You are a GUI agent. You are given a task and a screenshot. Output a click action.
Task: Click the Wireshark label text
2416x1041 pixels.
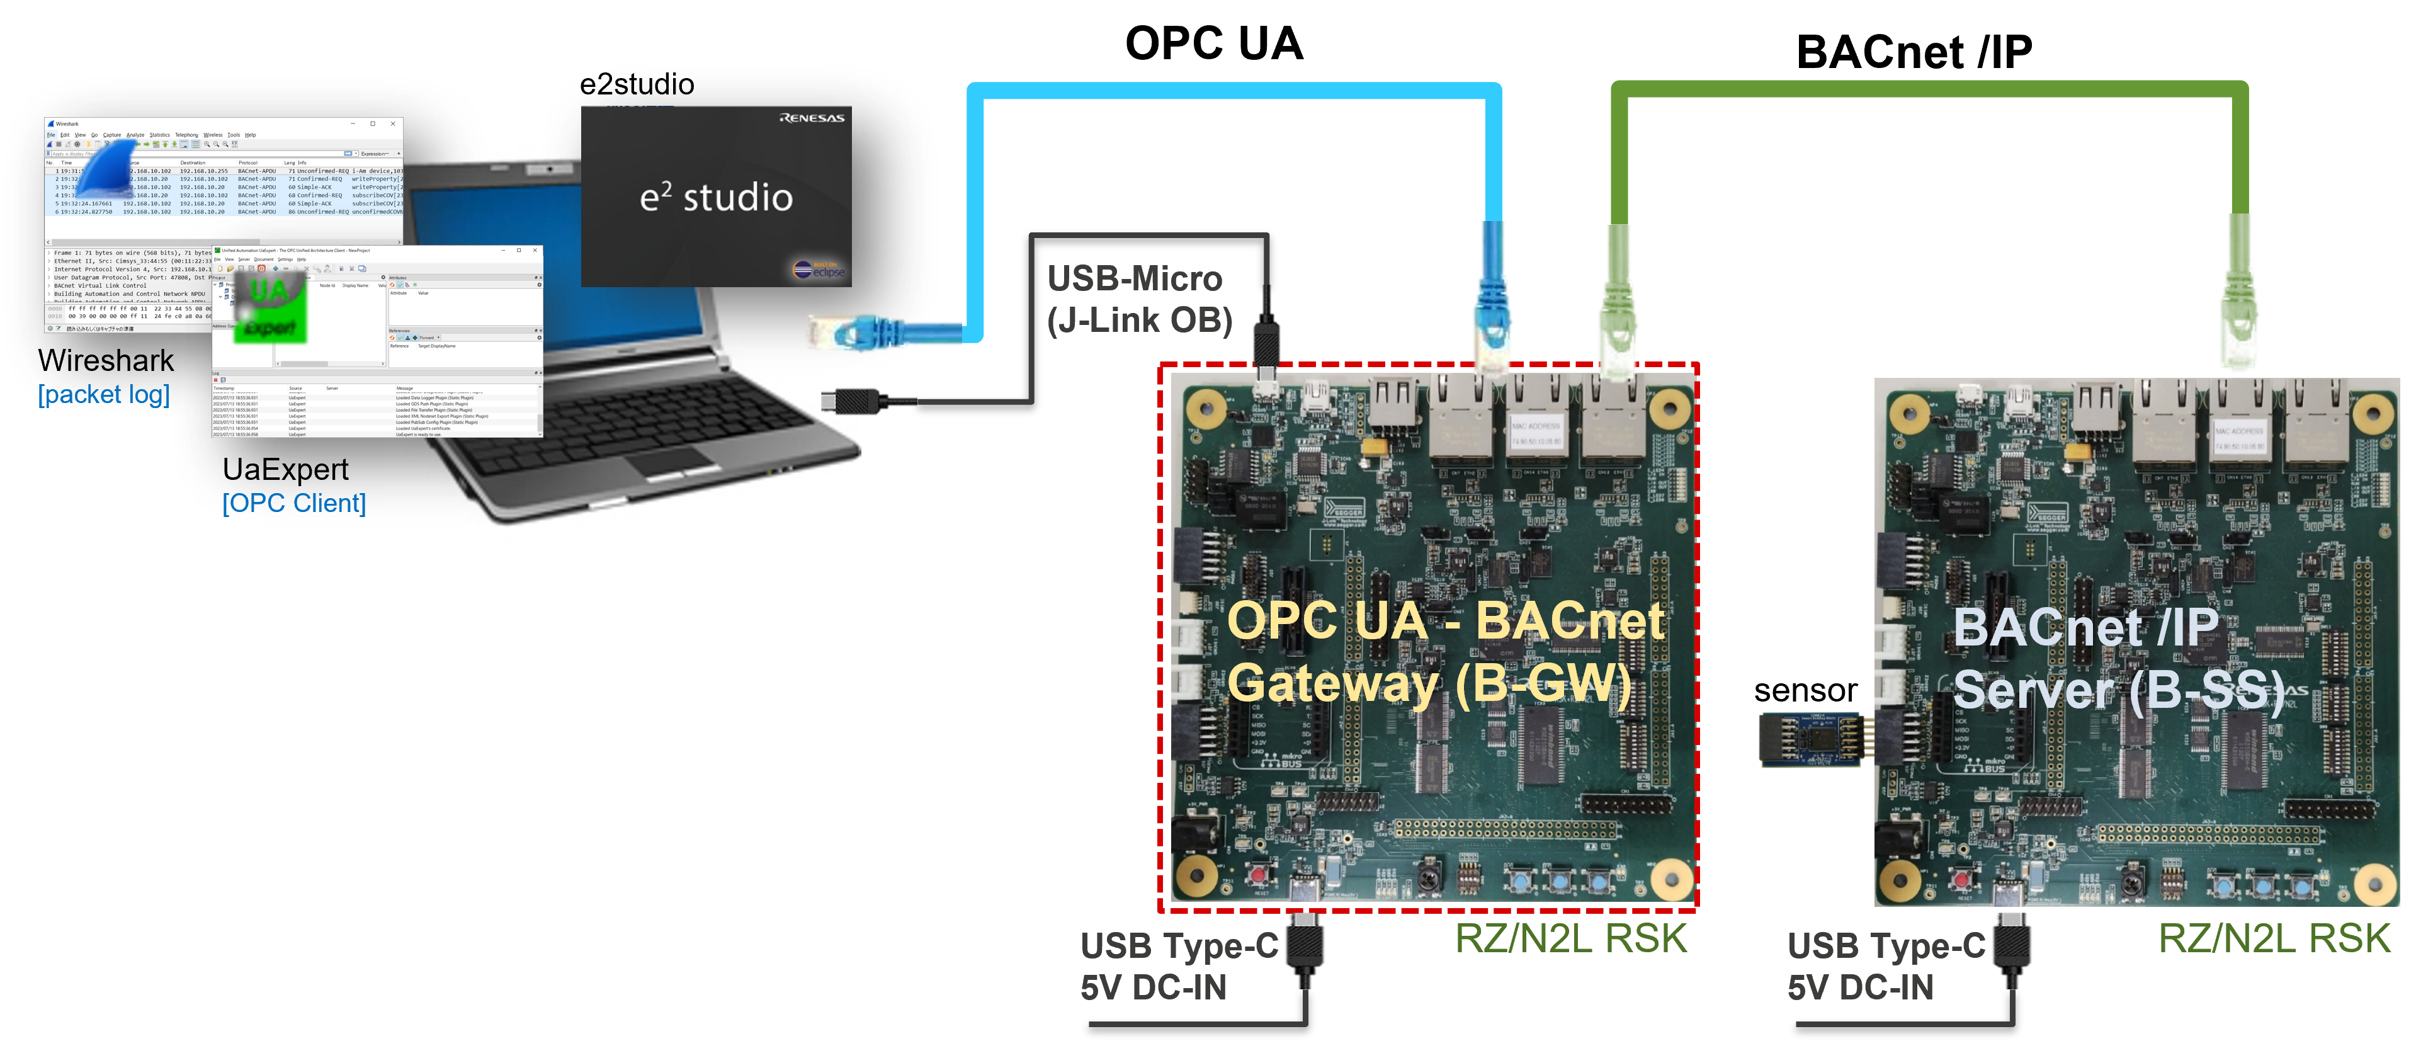pyautogui.click(x=106, y=360)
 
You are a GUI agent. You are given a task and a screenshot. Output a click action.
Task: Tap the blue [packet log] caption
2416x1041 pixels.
pyautogui.click(x=104, y=395)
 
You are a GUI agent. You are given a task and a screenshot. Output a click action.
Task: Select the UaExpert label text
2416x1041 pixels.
pyautogui.click(x=285, y=469)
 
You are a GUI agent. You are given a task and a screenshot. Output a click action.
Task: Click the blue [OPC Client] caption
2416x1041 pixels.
pyautogui.click(x=293, y=504)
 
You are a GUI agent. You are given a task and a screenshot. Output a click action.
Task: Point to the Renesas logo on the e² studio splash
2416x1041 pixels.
pyautogui.click(x=811, y=118)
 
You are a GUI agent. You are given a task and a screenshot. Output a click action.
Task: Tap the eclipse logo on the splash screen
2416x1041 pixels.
pyautogui.click(x=820, y=270)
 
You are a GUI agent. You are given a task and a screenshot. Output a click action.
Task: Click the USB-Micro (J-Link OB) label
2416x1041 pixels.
pyautogui.click(x=1138, y=299)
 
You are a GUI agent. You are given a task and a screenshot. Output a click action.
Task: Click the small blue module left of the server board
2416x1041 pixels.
pyautogui.click(x=1811, y=739)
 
